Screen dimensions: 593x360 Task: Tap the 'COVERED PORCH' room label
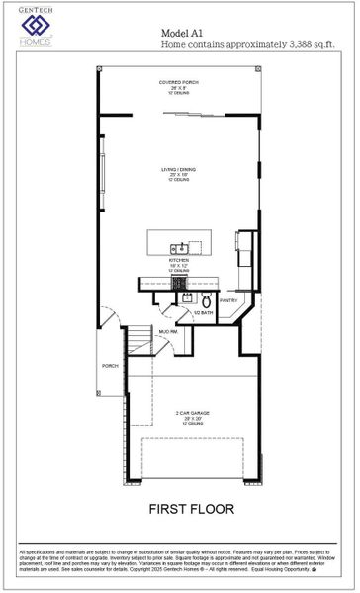(x=179, y=82)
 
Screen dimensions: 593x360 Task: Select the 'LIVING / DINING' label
(x=179, y=169)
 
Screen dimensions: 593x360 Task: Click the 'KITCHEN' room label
(x=178, y=260)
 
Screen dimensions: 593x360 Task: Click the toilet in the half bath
(x=207, y=300)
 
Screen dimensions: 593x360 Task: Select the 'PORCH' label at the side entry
(x=110, y=366)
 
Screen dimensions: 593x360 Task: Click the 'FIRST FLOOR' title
(x=192, y=510)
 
